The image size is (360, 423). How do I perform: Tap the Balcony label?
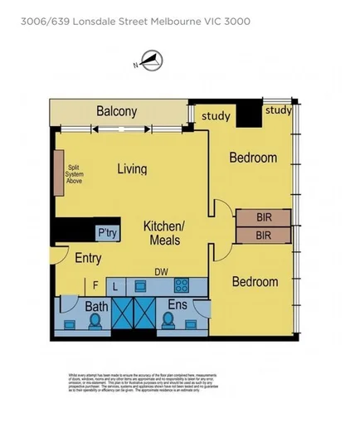[116, 111]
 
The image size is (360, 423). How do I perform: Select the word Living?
[131, 169]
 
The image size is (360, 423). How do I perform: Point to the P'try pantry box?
[107, 233]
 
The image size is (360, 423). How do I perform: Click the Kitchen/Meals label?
[163, 233]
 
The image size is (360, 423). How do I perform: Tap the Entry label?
[87, 258]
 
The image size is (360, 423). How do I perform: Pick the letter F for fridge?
[95, 285]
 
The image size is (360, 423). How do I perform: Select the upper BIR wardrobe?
[263, 217]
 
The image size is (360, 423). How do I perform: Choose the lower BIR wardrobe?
[263, 236]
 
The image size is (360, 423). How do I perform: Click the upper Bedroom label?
[253, 157]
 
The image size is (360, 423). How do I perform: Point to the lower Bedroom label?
[255, 282]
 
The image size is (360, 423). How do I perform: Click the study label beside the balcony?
[216, 116]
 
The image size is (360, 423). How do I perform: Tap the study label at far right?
[279, 109]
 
